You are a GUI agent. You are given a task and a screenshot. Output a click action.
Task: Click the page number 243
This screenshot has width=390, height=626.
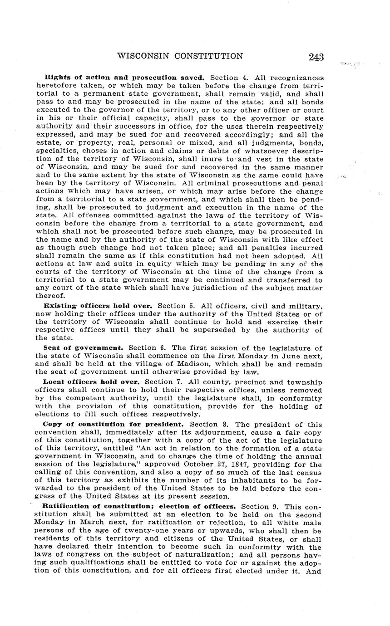click(x=316, y=57)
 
